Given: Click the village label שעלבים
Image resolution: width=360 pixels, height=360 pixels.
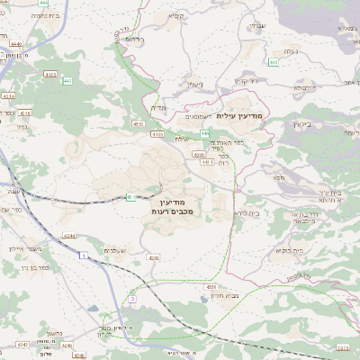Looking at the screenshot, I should click(x=116, y=249).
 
